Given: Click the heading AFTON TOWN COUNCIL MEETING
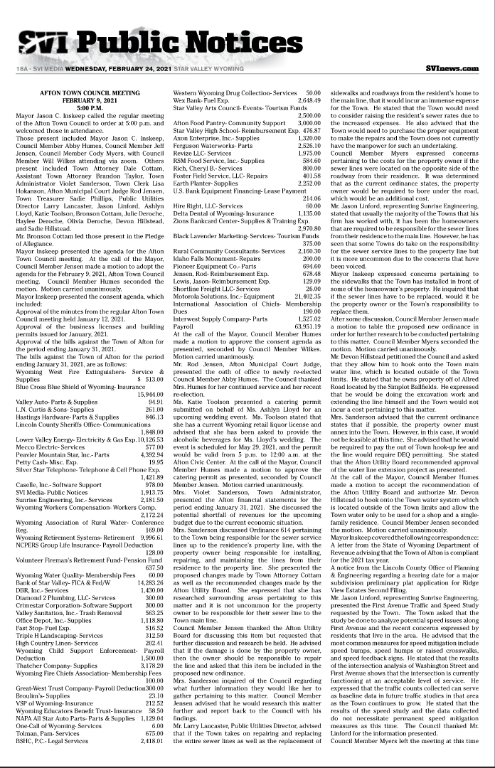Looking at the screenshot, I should (90, 93).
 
